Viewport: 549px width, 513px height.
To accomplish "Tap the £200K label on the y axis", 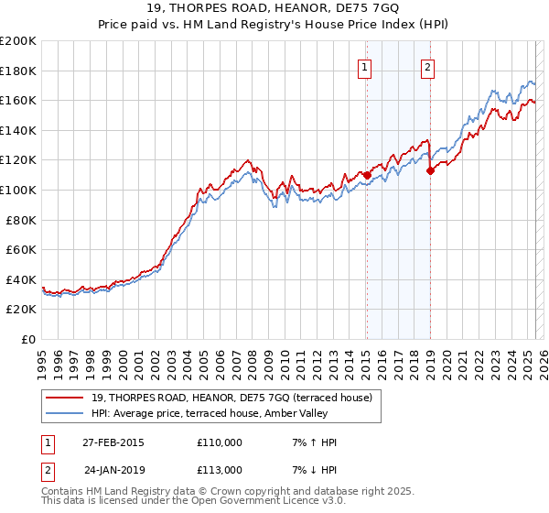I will coord(18,41).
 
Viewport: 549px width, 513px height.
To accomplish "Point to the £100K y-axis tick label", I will coord(18,191).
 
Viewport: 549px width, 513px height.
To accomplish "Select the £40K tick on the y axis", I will coord(21,279).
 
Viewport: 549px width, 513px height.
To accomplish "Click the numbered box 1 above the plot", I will coord(365,66).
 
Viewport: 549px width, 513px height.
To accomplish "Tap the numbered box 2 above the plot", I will coord(427,66).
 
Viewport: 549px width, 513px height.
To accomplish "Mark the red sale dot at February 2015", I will coord(367,174).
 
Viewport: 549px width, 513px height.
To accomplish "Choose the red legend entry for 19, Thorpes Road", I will coord(231,398).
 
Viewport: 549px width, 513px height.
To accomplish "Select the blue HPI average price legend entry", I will coord(214,414).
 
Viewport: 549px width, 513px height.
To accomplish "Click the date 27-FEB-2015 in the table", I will coord(113,442).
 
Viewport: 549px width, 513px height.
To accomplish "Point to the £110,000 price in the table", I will coord(220,442).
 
